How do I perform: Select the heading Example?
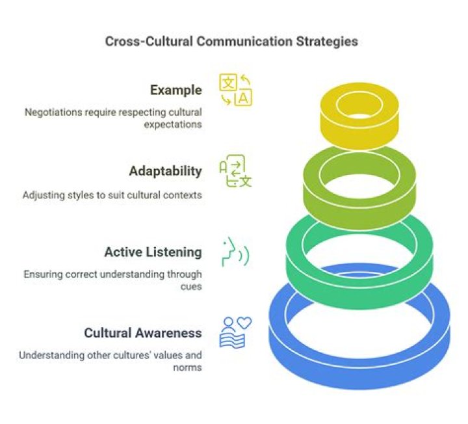pos(175,90)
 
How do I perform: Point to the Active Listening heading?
pos(153,252)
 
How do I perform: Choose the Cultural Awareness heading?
pos(142,333)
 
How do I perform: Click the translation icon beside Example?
pos(236,90)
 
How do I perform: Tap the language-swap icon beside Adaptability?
pos(235,172)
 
